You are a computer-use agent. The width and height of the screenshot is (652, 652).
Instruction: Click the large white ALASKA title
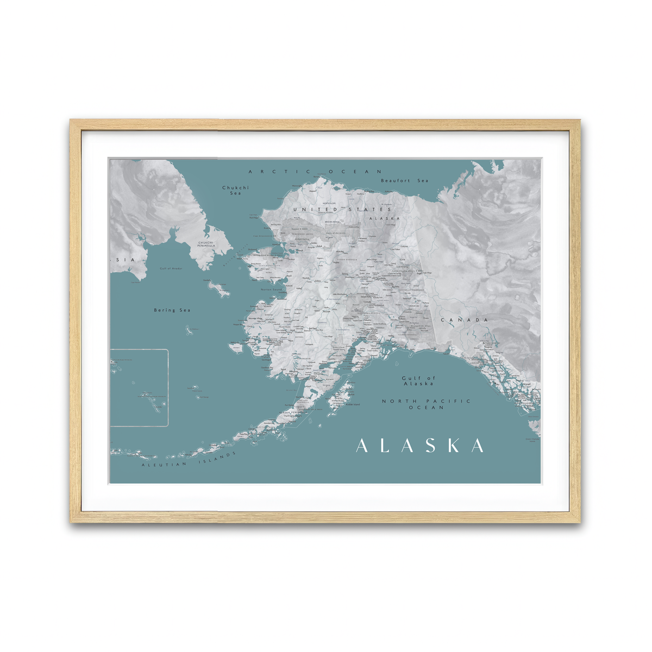click(x=419, y=446)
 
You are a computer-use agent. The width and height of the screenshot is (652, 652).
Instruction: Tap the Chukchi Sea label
click(x=235, y=190)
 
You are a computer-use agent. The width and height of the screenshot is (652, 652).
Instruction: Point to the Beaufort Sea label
click(x=404, y=180)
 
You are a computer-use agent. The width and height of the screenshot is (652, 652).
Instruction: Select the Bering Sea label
click(x=172, y=310)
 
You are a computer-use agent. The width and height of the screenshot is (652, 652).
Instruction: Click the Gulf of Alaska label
click(x=418, y=381)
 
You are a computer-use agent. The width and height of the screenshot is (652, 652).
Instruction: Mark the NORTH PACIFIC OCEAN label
click(x=426, y=404)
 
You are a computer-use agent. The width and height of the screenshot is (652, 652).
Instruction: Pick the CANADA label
click(x=464, y=320)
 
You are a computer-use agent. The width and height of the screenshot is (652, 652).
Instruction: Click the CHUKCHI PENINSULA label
click(x=206, y=244)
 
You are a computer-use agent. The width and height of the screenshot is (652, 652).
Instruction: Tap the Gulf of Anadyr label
click(x=172, y=268)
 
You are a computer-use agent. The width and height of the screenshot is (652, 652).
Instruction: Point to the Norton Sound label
click(x=272, y=290)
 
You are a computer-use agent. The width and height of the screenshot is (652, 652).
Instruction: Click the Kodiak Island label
click(x=352, y=404)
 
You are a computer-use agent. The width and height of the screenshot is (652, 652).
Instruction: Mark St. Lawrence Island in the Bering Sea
click(x=217, y=289)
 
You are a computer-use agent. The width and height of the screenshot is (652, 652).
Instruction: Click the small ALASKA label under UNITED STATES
click(x=384, y=218)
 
